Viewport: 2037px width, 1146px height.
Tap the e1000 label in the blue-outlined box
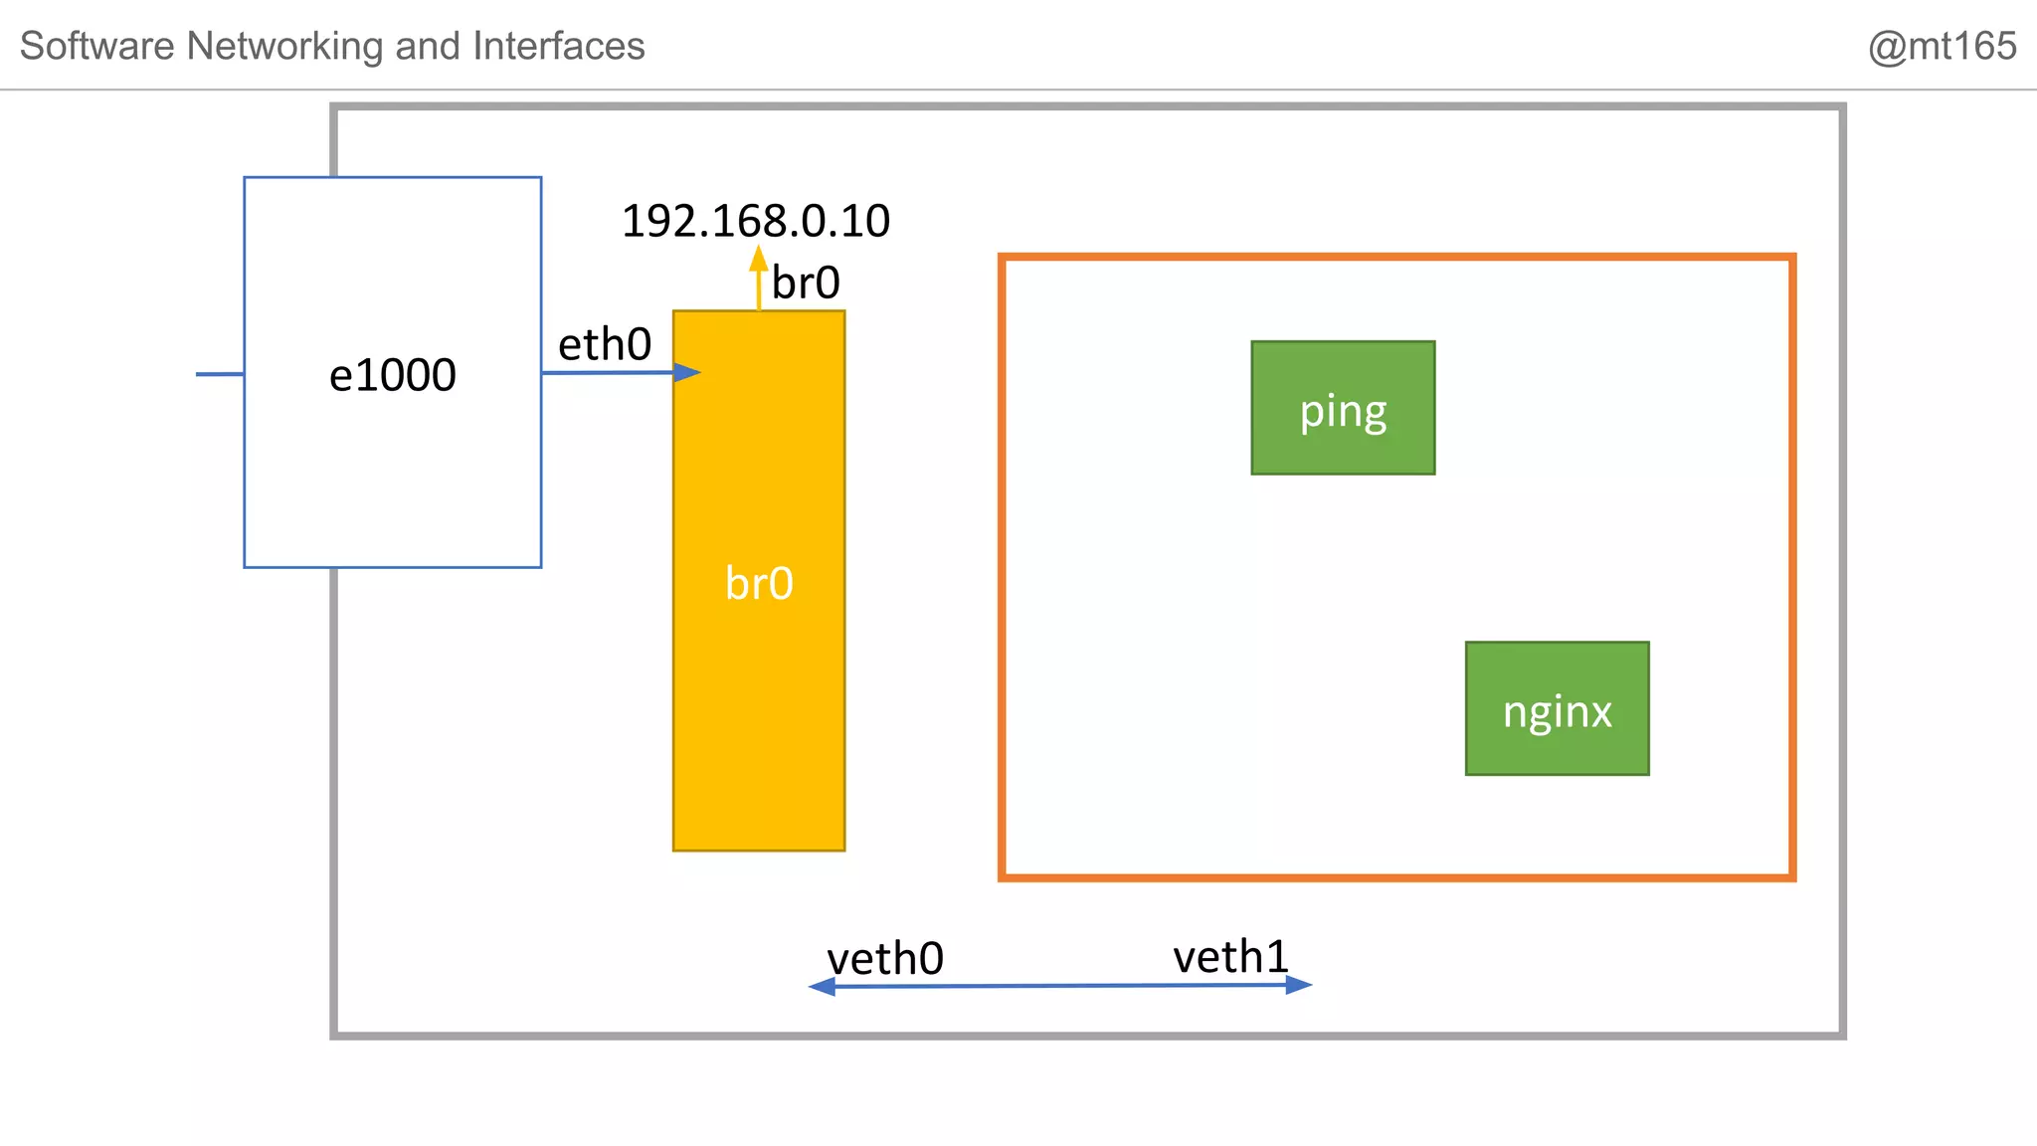393,375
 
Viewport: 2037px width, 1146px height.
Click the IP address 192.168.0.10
755,221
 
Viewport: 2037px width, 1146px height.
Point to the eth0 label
605,345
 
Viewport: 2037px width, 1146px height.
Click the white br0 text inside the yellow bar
759,583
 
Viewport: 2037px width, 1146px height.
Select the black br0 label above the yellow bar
806,284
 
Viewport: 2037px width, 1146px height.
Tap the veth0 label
885,959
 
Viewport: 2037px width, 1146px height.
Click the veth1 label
1230,957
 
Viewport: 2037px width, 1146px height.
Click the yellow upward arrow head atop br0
759,259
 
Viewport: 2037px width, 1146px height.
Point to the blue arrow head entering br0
687,372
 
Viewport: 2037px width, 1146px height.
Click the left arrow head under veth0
822,986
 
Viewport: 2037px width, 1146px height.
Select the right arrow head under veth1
1298,985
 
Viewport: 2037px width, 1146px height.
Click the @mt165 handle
1942,46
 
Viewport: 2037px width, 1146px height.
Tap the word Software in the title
97,46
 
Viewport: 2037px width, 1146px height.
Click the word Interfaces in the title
558,46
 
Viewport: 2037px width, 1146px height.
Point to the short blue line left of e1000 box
220,374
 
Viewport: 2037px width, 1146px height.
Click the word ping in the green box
1343,412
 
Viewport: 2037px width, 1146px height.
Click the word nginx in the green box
1557,712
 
